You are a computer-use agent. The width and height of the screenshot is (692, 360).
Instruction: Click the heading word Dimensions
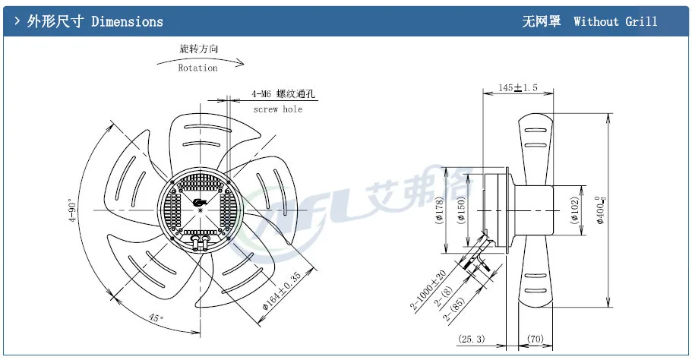127,21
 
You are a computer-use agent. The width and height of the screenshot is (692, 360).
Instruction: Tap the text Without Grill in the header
615,21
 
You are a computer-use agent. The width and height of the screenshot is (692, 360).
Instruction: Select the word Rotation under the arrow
197,68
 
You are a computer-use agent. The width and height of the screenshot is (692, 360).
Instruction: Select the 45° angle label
156,320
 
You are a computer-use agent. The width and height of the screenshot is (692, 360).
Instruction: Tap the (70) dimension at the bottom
536,339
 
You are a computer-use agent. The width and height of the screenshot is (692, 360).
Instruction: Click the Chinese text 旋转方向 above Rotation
199,49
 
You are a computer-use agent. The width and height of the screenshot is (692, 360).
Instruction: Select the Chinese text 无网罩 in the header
542,21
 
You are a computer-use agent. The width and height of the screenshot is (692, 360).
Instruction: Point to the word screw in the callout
265,109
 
